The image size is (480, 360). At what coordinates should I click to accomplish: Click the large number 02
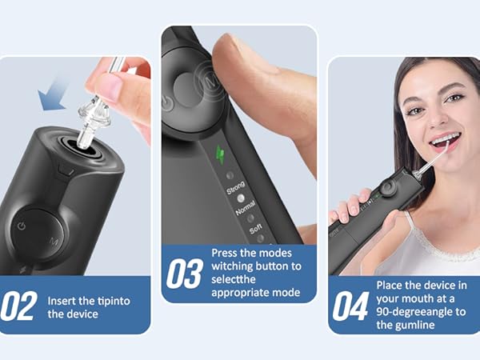pyautogui.click(x=18, y=306)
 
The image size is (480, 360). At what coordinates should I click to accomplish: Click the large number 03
pyautogui.click(x=183, y=274)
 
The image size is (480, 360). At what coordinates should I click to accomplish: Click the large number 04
pyautogui.click(x=350, y=306)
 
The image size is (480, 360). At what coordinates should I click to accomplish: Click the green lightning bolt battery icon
pyautogui.click(x=222, y=153)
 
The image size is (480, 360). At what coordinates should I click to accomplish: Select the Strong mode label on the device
pyautogui.click(x=236, y=190)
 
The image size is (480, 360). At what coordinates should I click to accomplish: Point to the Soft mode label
pyautogui.click(x=256, y=230)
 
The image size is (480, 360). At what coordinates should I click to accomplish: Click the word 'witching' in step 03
pyautogui.click(x=233, y=266)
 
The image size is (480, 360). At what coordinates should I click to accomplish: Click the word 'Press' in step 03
pyautogui.click(x=226, y=253)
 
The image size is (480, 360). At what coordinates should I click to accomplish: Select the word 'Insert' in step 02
pyautogui.click(x=63, y=301)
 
